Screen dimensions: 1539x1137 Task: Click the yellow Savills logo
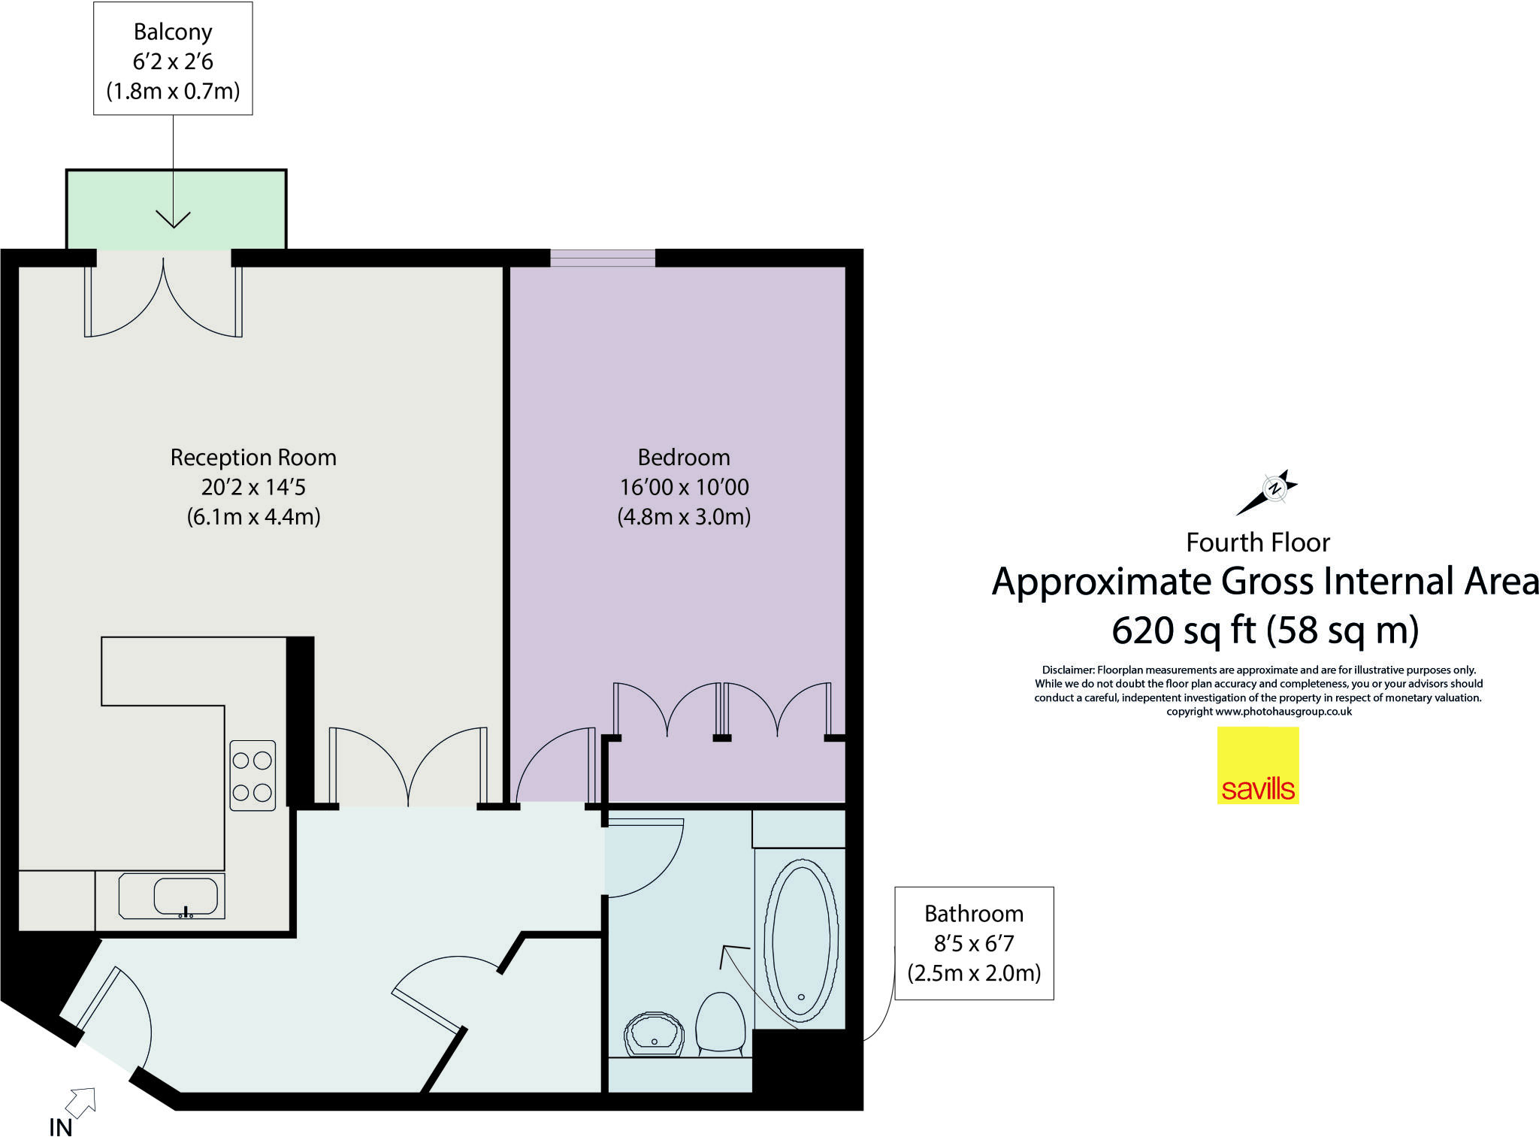[x=1258, y=765]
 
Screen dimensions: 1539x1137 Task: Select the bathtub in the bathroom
[x=801, y=939]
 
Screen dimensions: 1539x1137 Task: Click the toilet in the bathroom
[x=721, y=1022]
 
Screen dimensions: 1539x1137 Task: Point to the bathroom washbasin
[x=655, y=1034]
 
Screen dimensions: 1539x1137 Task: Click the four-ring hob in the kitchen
[x=252, y=776]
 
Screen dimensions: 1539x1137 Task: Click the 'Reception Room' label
[x=253, y=457]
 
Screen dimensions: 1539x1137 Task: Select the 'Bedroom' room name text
[x=684, y=457]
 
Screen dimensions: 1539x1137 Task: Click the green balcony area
[x=177, y=209]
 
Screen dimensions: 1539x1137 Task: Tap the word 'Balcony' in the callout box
[x=173, y=32]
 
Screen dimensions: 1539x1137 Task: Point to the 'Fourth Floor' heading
[x=1258, y=542]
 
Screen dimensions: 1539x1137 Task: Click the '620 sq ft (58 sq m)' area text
[x=1265, y=629]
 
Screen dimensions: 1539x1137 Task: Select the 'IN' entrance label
[x=61, y=1127]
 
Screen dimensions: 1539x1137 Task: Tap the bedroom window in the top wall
[x=603, y=258]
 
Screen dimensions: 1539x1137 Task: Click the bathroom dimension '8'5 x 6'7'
[x=974, y=943]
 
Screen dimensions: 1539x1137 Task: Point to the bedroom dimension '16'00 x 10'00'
[x=684, y=487]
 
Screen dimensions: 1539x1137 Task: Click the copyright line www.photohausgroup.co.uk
[x=1259, y=712]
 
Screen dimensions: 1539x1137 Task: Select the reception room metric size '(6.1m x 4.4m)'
[x=253, y=517]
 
